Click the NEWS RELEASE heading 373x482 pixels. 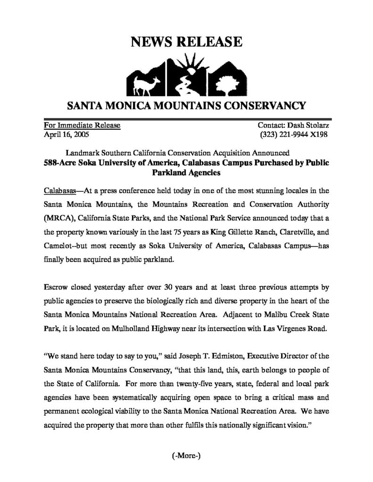186,43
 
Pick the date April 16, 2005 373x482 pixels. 64,134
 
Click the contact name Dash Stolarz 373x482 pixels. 306,125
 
